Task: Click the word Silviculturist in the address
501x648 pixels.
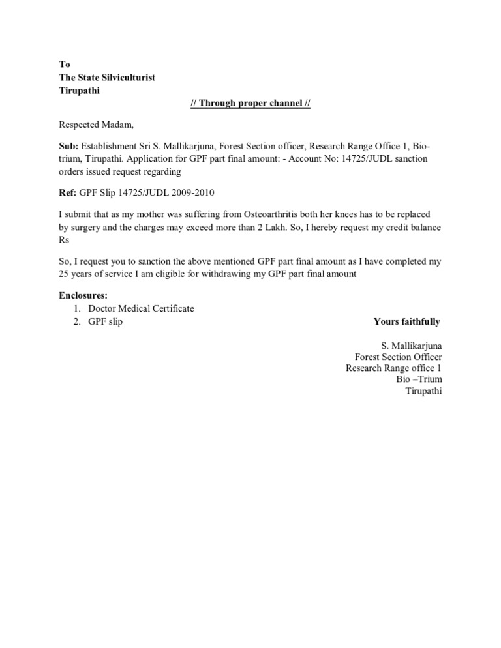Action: pos(126,78)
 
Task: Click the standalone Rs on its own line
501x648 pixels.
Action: pos(64,240)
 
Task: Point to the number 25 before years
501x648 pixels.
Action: pos(64,274)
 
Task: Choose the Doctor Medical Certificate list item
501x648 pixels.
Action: pos(141,308)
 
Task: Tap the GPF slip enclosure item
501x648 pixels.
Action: pos(106,321)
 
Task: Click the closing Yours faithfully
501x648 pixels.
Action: pos(406,321)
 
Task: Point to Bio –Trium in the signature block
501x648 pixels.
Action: pos(419,379)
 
